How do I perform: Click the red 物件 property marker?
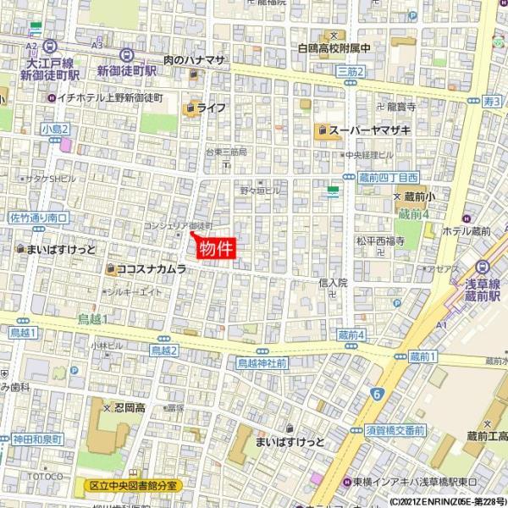pyautogui.click(x=215, y=248)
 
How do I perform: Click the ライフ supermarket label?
pyautogui.click(x=211, y=108)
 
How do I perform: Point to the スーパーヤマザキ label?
pyautogui.click(x=370, y=130)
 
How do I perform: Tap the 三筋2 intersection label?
pyautogui.click(x=350, y=73)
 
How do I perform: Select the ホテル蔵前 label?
pyautogui.click(x=466, y=230)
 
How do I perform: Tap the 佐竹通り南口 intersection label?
pyautogui.click(x=38, y=218)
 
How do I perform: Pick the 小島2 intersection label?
pyautogui.click(x=54, y=129)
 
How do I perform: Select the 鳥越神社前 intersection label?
pyautogui.click(x=262, y=362)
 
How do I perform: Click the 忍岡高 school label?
pyautogui.click(x=130, y=407)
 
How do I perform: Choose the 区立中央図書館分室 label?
pyautogui.click(x=135, y=486)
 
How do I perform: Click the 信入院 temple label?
pyautogui.click(x=334, y=283)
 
